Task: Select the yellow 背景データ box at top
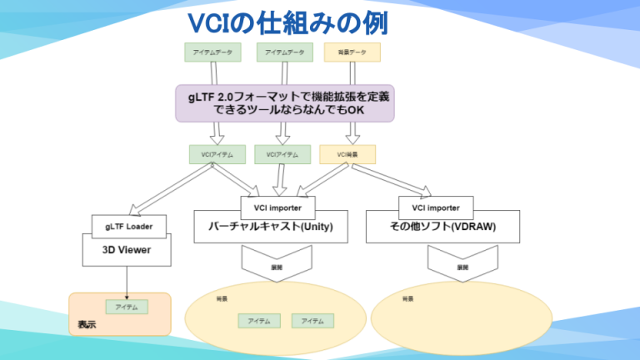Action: coord(352,52)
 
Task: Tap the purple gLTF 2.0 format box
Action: coord(283,103)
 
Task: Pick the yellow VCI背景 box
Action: coord(347,154)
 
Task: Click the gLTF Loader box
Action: coord(129,225)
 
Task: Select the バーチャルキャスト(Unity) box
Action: coord(271,227)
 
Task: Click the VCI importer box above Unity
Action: coord(277,206)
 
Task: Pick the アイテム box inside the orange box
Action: coord(127,307)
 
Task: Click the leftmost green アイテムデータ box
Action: coord(212,52)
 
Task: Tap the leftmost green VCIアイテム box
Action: coord(217,154)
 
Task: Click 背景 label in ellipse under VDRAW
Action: coord(407,297)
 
